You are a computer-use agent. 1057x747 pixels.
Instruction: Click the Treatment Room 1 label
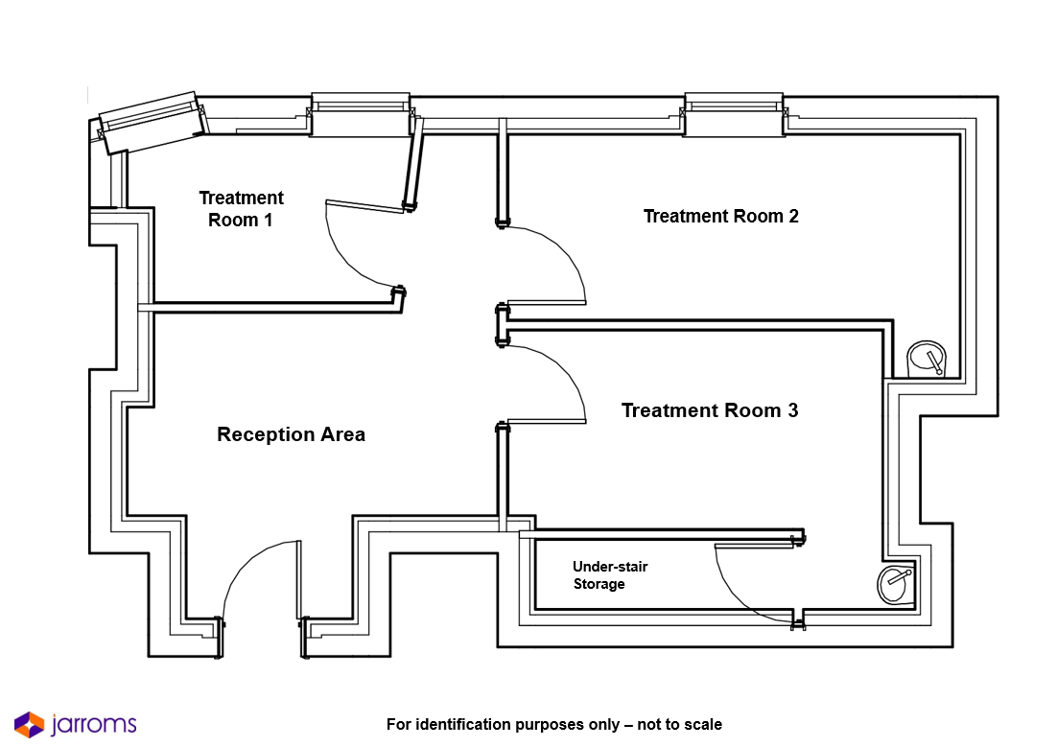pyautogui.click(x=241, y=209)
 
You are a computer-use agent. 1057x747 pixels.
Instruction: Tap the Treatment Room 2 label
pyautogui.click(x=720, y=217)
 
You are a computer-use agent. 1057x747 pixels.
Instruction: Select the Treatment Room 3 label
pyautogui.click(x=709, y=410)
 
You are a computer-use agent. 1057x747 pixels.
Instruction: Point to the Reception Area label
pyautogui.click(x=292, y=434)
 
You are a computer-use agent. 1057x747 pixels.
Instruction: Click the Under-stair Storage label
pyautogui.click(x=610, y=575)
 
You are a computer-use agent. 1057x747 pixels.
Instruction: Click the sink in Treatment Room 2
pyautogui.click(x=927, y=360)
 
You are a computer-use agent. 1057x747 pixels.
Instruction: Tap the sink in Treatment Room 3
pyautogui.click(x=895, y=583)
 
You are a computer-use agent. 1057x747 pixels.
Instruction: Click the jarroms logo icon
pyautogui.click(x=29, y=725)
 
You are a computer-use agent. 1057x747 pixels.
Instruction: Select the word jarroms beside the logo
pyautogui.click(x=94, y=725)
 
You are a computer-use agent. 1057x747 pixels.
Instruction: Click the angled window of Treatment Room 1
pyautogui.click(x=153, y=123)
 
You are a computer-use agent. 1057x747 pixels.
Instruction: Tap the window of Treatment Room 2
pyautogui.click(x=734, y=114)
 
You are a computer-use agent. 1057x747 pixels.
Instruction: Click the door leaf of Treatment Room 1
pyautogui.click(x=364, y=206)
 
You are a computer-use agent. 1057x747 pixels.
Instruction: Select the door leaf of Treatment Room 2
pyautogui.click(x=546, y=303)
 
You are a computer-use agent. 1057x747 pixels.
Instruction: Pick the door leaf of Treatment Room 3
pyautogui.click(x=546, y=421)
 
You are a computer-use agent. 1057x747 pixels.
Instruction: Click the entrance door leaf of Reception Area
pyautogui.click(x=298, y=580)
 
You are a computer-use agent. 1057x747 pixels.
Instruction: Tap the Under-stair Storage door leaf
pyautogui.click(x=754, y=546)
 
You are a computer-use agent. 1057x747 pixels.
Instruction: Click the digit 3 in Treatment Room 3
pyautogui.click(x=792, y=410)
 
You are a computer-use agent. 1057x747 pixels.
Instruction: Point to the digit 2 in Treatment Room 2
pyautogui.click(x=793, y=217)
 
